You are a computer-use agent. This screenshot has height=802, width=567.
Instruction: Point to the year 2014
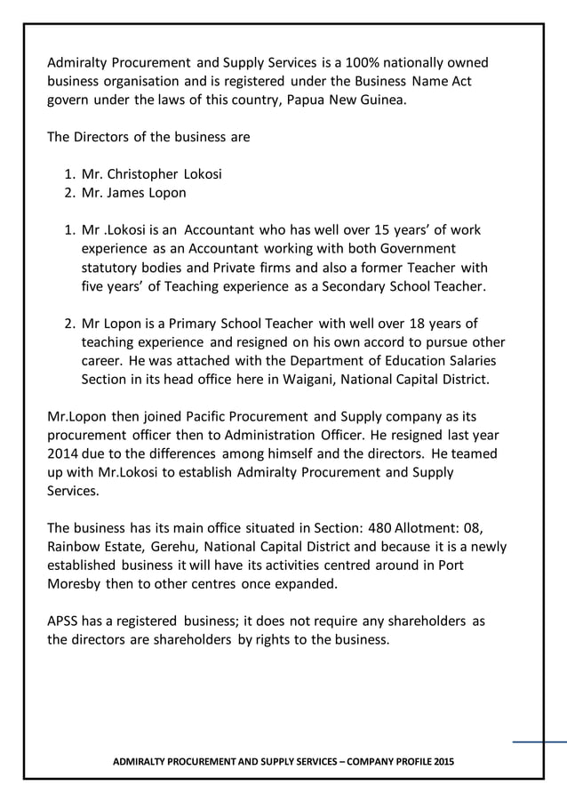click(x=65, y=453)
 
